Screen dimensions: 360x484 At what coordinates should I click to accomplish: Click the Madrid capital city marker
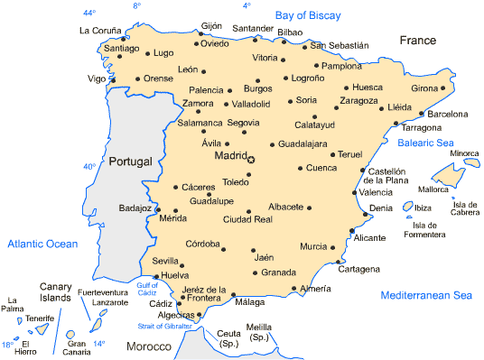point(252,160)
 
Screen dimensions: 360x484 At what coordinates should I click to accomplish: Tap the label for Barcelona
point(448,115)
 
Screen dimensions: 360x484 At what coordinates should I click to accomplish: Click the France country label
point(418,41)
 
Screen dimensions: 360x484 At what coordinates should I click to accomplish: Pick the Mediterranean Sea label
point(426,295)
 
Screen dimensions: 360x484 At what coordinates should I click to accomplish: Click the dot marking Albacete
point(310,208)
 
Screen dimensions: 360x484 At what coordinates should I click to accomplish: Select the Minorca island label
point(464,153)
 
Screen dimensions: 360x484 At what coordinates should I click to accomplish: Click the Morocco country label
point(148,346)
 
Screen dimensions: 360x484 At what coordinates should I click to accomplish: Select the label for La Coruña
point(100,30)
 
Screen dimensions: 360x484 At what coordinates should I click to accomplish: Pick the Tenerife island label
point(39,318)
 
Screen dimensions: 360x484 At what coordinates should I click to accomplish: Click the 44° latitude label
point(88,13)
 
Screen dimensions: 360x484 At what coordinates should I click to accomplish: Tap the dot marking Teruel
point(332,154)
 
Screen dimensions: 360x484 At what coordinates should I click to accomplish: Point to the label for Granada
point(278,272)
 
